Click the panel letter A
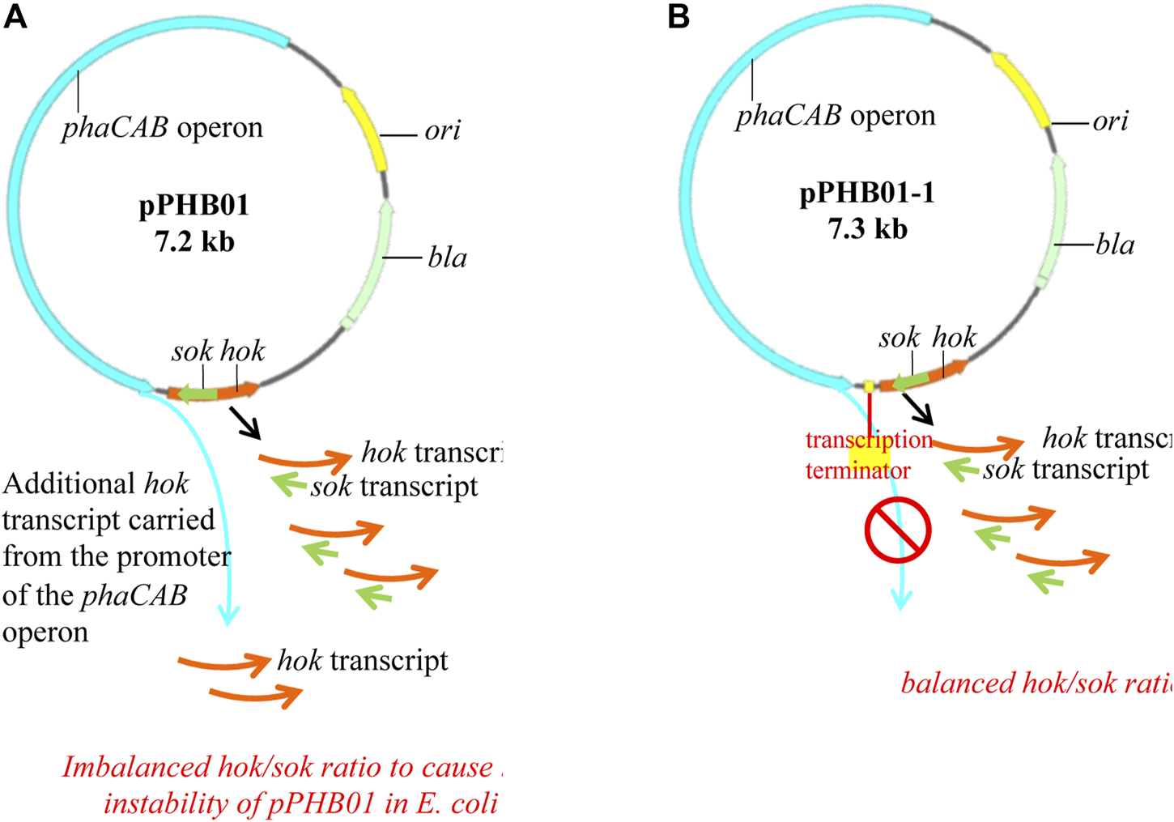tap(15, 16)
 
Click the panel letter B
tap(678, 16)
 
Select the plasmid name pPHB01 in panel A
tap(194, 206)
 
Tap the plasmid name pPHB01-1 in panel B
tap(866, 194)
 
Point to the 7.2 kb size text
tap(194, 241)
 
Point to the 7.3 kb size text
tap(867, 229)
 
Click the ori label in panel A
tap(442, 130)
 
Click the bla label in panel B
tap(1115, 245)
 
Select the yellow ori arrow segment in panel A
tap(366, 130)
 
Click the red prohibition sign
tap(898, 530)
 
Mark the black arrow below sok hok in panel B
tap(917, 409)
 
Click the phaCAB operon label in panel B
tap(835, 116)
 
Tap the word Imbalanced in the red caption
tap(136, 767)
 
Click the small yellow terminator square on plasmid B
tap(869, 387)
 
